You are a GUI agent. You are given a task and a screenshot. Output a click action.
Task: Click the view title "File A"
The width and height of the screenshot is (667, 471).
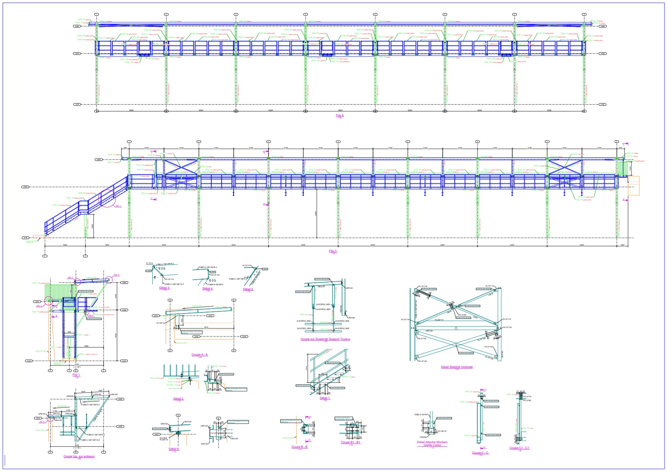339,116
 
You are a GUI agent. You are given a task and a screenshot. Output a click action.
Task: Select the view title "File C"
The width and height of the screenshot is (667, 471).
333,251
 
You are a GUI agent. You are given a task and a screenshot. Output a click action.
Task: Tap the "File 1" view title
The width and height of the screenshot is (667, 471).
76,375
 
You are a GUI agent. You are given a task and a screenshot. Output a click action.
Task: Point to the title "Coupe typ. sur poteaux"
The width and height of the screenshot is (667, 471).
79,456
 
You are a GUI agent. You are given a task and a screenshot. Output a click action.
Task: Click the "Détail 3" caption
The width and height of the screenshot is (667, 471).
164,288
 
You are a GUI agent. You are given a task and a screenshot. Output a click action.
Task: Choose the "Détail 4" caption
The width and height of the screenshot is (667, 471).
207,289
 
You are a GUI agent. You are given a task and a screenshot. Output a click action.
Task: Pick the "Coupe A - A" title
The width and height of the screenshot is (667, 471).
199,355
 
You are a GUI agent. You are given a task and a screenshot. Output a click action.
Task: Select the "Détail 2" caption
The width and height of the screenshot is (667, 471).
179,399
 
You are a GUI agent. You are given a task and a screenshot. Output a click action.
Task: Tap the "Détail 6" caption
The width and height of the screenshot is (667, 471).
174,449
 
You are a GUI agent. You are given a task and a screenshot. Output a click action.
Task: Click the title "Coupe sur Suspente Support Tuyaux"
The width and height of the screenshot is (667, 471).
325,339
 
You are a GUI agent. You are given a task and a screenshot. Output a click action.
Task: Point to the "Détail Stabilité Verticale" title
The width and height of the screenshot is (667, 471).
456,367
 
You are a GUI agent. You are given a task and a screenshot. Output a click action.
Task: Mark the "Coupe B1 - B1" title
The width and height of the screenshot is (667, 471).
350,442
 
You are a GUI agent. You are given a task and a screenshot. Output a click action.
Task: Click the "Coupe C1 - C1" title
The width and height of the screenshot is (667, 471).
519,448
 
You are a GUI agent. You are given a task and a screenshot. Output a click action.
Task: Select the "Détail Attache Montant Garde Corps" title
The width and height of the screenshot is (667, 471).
432,443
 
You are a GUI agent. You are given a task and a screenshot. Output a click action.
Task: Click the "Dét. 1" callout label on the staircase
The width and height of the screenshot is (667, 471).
118,206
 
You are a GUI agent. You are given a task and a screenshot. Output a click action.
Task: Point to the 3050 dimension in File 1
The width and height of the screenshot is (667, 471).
86,346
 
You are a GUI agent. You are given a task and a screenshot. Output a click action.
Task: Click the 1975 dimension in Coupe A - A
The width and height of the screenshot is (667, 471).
206,328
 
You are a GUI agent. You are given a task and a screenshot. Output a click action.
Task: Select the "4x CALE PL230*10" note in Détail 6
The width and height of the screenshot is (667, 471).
164,439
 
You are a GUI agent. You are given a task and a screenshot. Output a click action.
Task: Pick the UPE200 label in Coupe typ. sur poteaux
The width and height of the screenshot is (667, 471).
70,396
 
